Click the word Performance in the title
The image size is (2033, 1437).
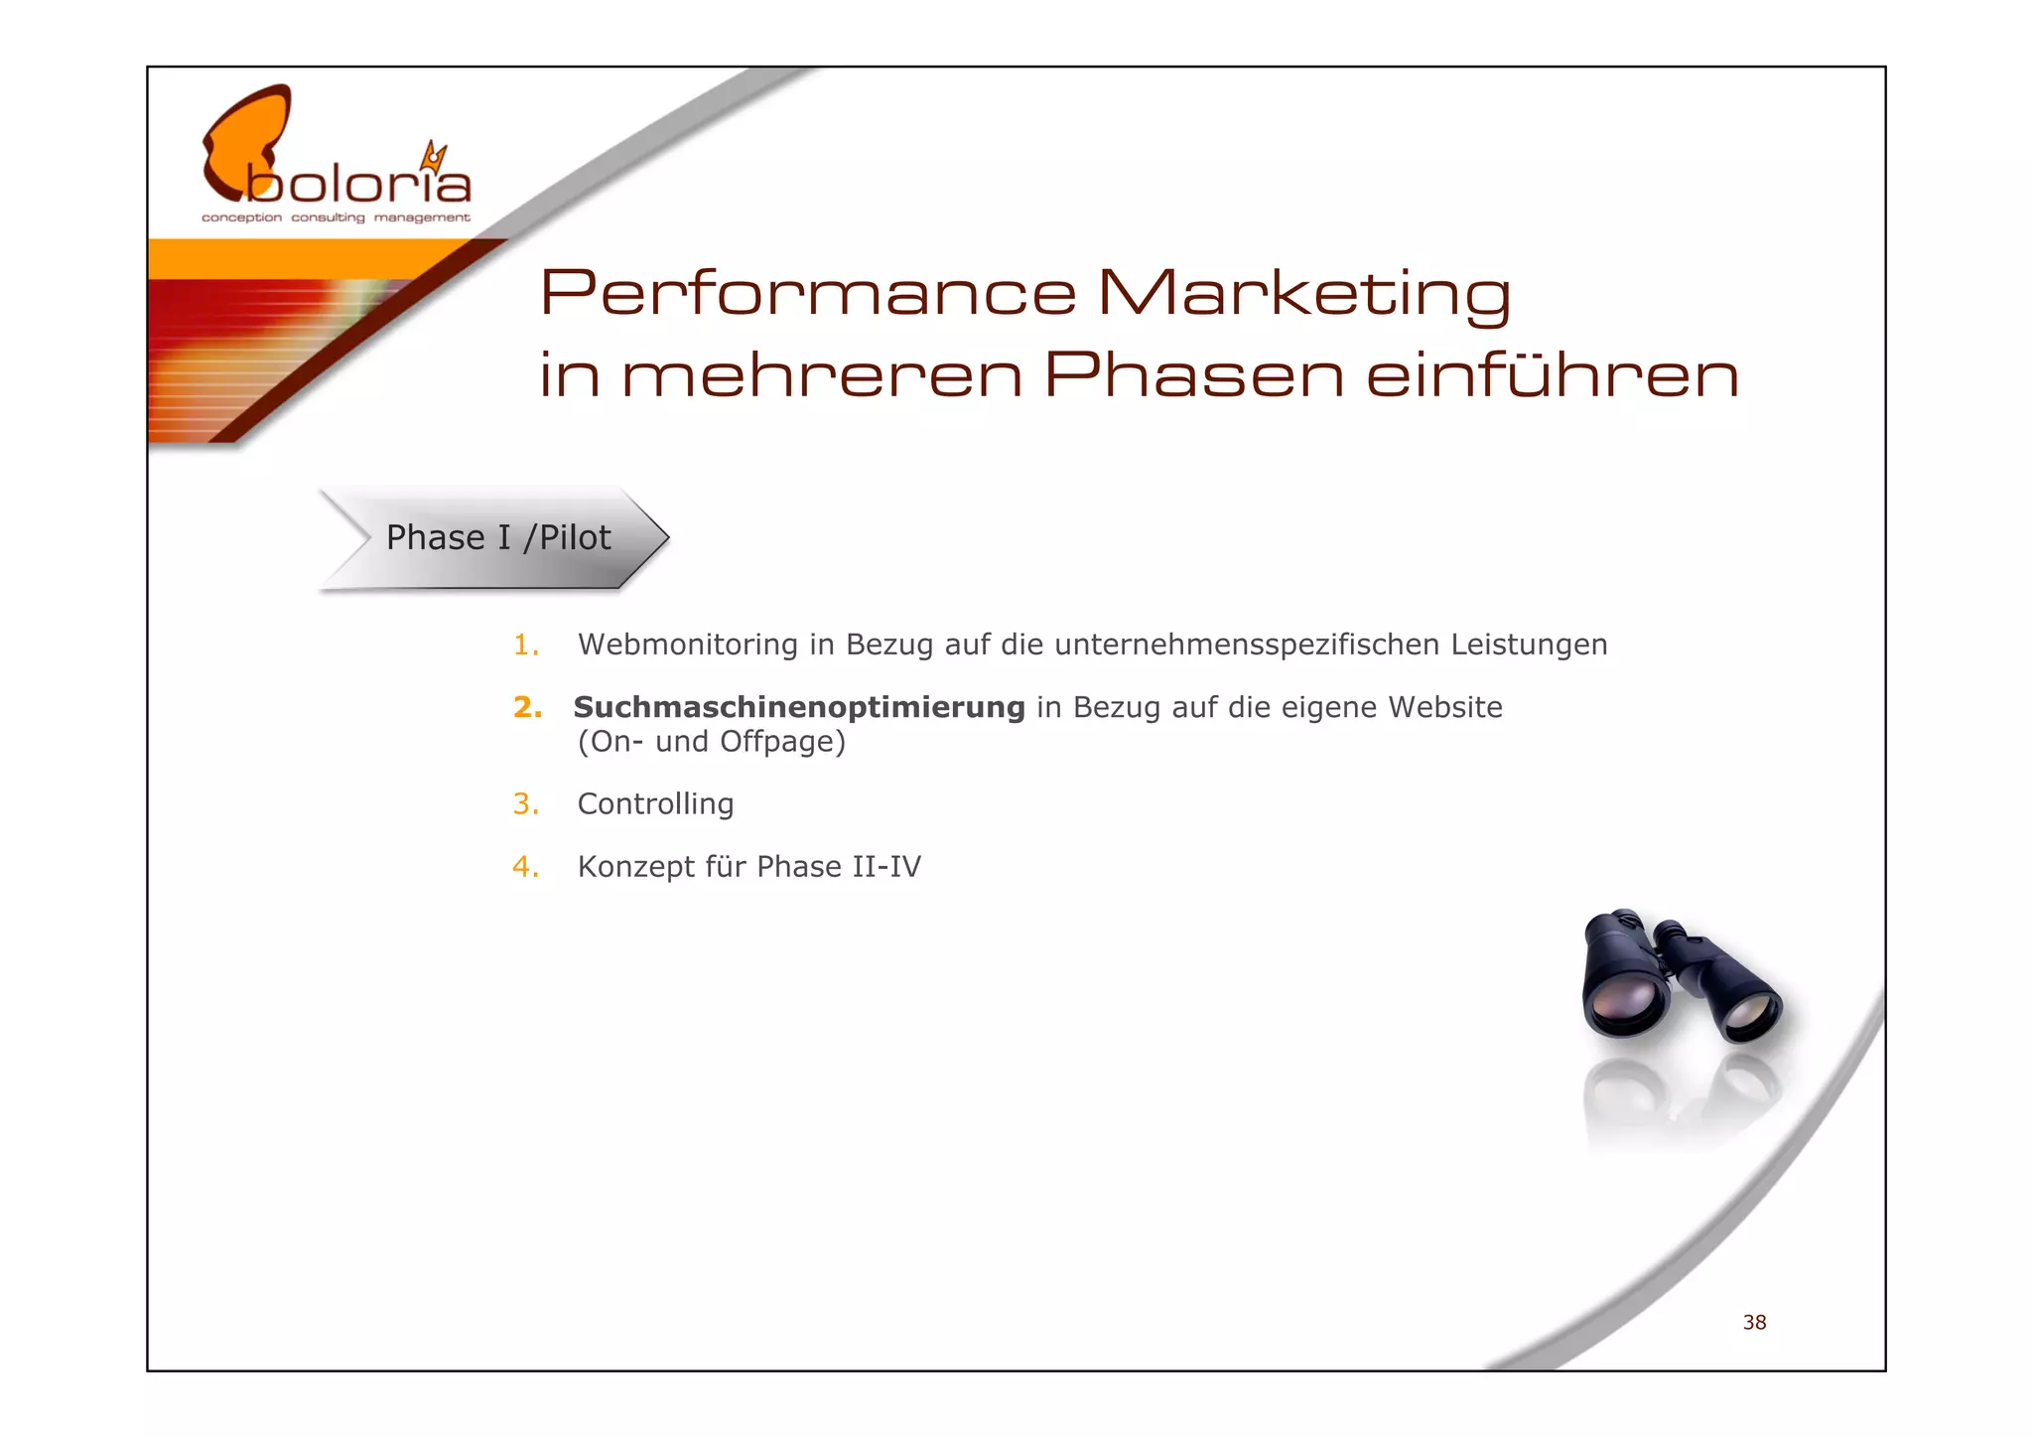807,293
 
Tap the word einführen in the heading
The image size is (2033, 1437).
1552,375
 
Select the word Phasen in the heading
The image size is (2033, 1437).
1194,375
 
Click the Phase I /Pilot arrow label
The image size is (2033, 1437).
497,538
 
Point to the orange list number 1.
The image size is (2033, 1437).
525,646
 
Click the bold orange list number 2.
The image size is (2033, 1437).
527,708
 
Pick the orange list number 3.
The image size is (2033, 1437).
525,804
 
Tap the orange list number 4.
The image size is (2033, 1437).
525,867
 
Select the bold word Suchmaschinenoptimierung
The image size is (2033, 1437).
799,708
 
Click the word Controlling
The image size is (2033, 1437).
655,804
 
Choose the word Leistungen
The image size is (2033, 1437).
1529,646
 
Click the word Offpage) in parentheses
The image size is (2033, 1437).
782,742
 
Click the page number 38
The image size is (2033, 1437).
1754,1323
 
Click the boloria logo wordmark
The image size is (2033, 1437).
357,185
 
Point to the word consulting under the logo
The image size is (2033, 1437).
328,217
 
